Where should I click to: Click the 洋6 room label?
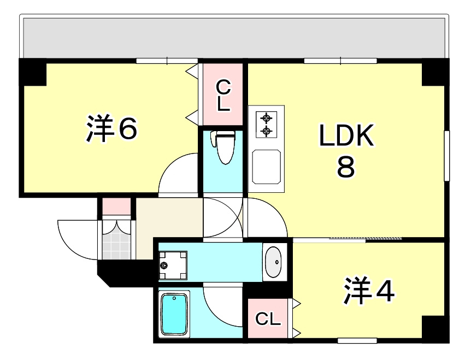[x=111, y=128]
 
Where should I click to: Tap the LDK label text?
[x=346, y=135]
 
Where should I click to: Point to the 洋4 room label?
[x=369, y=290]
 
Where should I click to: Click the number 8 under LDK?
[x=346, y=168]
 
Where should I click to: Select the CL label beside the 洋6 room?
[x=223, y=96]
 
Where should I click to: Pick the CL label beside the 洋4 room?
[x=268, y=319]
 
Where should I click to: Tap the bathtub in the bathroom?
[x=174, y=314]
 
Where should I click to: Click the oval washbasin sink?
[x=274, y=262]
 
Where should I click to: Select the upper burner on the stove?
[x=266, y=118]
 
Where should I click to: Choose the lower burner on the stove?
[x=266, y=131]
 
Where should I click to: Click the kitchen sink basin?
[x=267, y=167]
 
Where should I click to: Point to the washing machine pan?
[x=173, y=265]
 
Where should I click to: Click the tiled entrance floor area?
[x=116, y=240]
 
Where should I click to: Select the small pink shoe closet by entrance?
[x=116, y=206]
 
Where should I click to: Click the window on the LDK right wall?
[x=447, y=156]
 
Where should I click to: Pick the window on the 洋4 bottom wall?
[x=357, y=340]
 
